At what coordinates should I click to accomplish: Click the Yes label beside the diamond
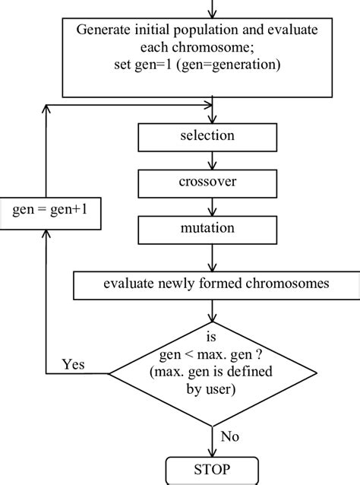(x=74, y=363)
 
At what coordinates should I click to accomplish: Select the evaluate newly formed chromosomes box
(x=217, y=285)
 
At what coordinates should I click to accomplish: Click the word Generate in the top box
(x=103, y=30)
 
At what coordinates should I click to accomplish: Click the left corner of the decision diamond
(x=111, y=374)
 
